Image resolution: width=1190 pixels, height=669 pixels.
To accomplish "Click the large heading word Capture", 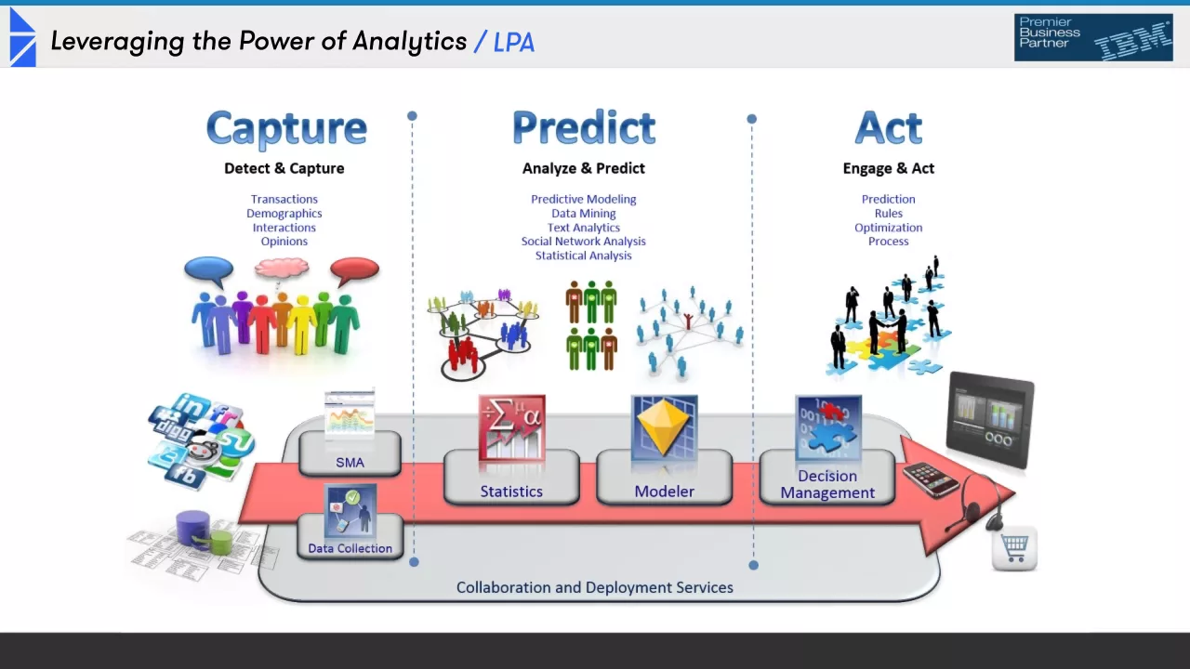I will point(286,129).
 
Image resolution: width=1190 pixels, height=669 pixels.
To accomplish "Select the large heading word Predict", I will point(584,127).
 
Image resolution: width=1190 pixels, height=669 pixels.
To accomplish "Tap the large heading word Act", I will point(888,127).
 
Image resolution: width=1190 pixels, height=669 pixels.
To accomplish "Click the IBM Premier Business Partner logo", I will point(1093,38).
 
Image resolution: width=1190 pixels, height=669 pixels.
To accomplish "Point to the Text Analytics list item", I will point(584,228).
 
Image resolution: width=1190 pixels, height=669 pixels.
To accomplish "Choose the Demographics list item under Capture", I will point(284,214).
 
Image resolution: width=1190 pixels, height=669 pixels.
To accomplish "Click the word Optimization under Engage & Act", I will point(889,228).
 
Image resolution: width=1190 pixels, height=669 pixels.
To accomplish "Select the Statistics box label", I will point(511,492).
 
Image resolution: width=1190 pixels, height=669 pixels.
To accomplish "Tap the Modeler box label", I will point(664,492).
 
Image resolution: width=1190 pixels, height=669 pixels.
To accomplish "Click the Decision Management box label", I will point(827,484).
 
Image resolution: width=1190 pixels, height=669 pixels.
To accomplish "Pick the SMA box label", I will point(350,462).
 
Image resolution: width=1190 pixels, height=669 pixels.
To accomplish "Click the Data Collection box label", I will point(350,548).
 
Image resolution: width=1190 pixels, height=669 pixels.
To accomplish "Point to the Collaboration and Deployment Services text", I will point(595,587).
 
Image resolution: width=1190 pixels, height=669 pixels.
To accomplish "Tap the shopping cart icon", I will point(1014,547).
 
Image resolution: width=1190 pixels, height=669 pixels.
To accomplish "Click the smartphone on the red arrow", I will point(931,479).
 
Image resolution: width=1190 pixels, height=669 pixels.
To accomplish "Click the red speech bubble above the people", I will point(355,270).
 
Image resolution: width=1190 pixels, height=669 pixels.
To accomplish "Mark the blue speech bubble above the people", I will point(208,270).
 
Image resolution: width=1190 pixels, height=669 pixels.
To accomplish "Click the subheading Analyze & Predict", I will point(584,168).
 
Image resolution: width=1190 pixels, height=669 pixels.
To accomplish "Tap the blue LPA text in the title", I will point(514,42).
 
